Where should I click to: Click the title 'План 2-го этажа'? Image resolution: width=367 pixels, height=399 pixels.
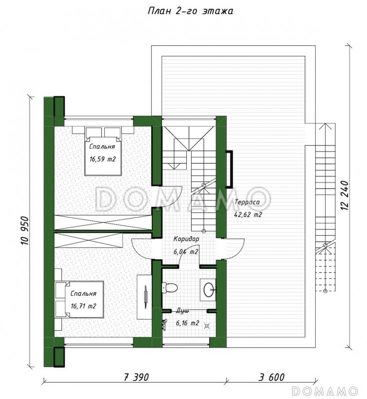coord(190,11)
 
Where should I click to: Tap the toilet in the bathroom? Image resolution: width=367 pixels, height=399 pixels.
coord(170,288)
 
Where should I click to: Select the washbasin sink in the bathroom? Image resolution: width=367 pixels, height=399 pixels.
coord(209,290)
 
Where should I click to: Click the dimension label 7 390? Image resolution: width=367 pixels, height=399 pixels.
coord(136,377)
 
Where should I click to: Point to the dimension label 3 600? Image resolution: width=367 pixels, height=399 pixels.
coord(272,377)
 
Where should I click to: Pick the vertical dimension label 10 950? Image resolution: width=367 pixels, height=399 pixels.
coord(24,230)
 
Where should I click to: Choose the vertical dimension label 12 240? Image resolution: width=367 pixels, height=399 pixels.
coord(345,195)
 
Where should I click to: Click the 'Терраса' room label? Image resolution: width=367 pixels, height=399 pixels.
coord(247,202)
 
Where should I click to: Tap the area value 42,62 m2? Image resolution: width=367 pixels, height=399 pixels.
coord(248,214)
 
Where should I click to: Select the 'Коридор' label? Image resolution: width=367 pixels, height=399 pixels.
coord(186,239)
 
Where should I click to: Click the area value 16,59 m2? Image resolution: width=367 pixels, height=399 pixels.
coord(102,159)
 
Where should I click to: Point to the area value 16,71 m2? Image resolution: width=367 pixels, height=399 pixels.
coord(83,306)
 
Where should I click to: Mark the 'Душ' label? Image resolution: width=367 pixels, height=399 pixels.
coord(183,311)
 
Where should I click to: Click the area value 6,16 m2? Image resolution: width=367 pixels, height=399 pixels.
coord(187,323)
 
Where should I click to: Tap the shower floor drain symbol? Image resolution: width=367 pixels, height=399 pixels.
coord(207,326)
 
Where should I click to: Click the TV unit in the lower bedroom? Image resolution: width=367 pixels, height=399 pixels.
coord(144,297)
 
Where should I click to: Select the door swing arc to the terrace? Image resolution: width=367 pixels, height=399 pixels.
coord(235,249)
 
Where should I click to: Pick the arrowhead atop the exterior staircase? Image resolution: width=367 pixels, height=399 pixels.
coord(325,126)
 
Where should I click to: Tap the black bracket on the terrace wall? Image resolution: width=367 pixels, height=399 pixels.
coord(231,169)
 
